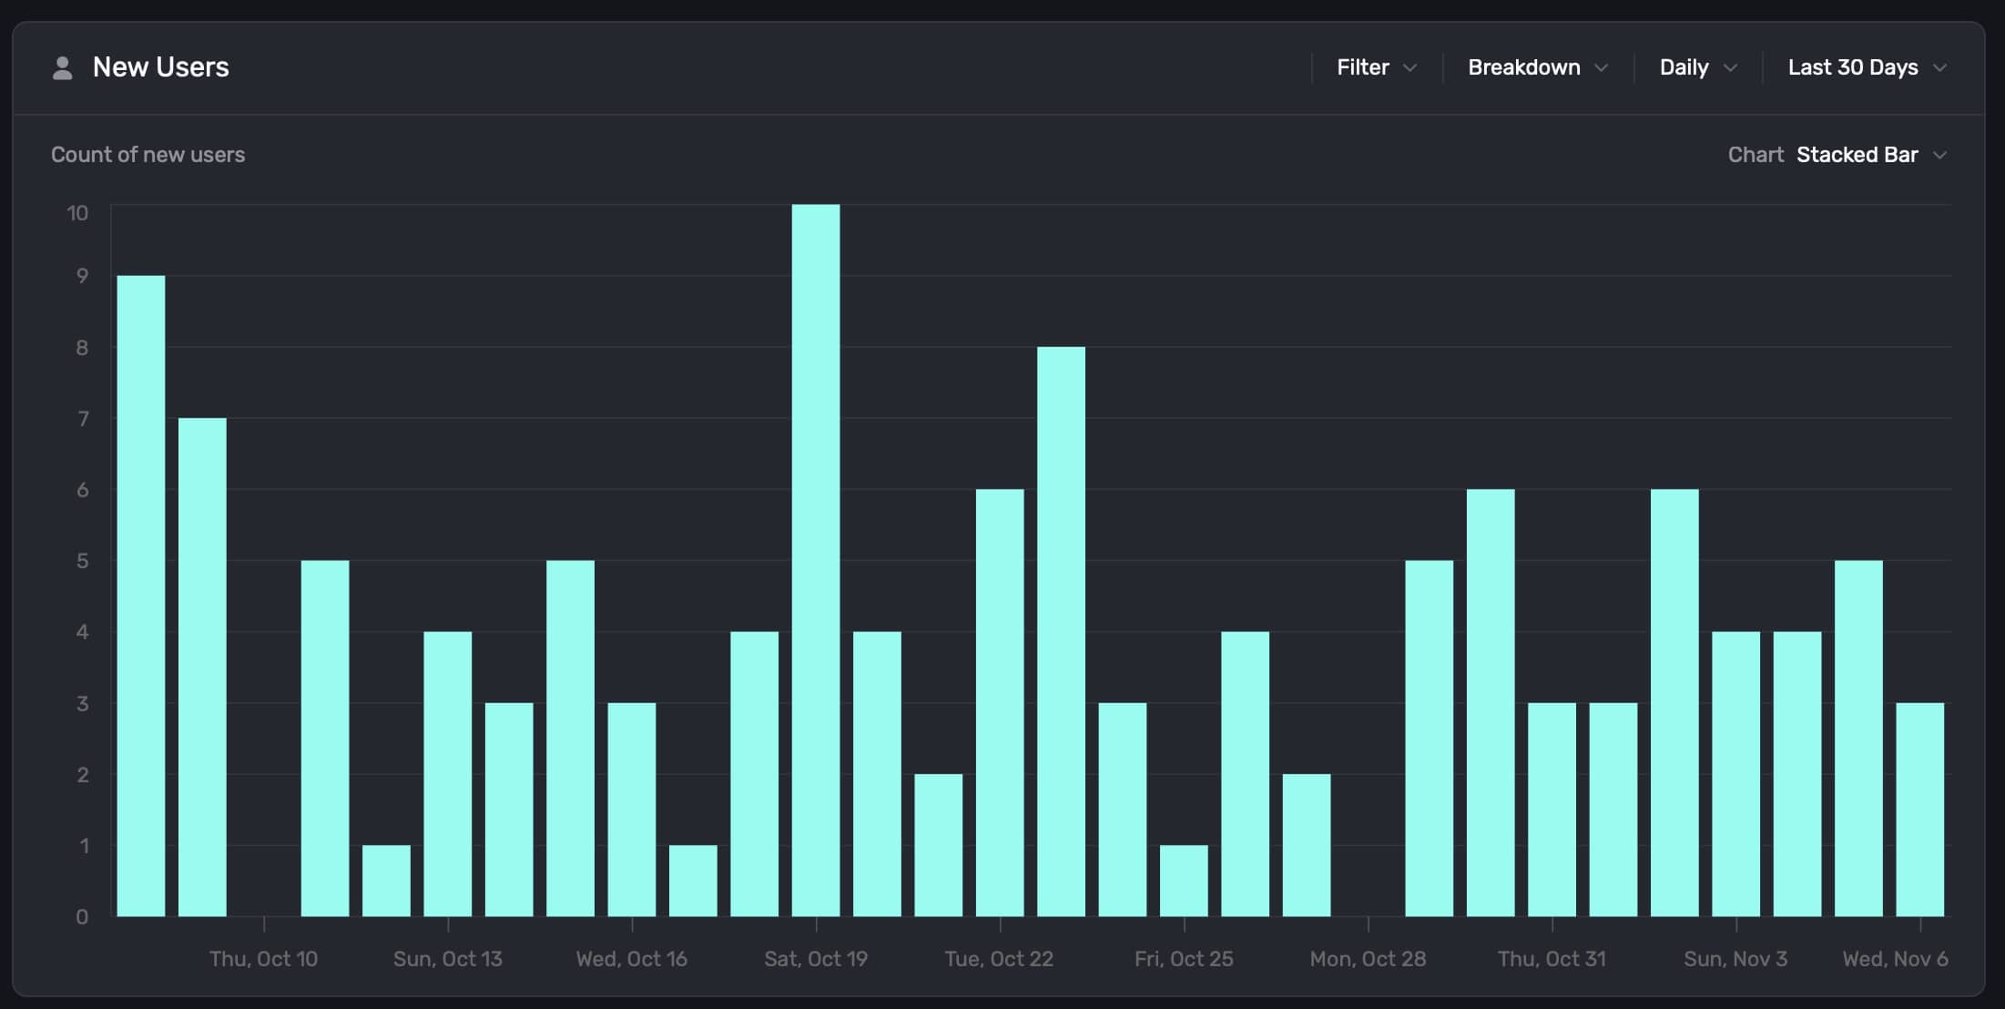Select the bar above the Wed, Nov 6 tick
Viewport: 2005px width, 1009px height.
point(1919,810)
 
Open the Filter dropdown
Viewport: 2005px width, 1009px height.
point(1376,67)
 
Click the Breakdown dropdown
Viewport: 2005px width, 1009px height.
point(1537,67)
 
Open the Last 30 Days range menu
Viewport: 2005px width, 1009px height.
point(1866,67)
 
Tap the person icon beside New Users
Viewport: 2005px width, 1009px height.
point(62,68)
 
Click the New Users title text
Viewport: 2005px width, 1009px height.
point(161,67)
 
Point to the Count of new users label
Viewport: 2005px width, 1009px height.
point(148,155)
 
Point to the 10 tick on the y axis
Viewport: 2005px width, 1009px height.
point(77,213)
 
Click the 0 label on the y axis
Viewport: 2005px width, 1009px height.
point(82,917)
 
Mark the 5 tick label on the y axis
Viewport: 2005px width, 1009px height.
point(83,561)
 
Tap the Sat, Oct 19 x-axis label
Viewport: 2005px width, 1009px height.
point(816,959)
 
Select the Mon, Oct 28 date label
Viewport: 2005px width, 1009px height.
point(1368,959)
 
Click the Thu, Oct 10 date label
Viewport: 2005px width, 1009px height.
point(263,959)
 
